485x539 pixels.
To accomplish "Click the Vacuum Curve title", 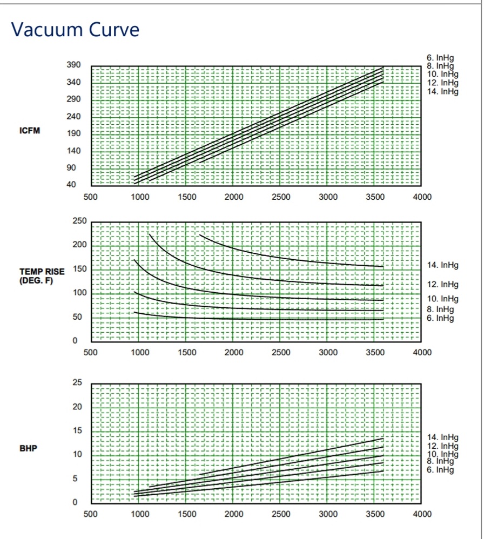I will (x=75, y=29).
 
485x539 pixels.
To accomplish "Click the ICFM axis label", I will (x=30, y=131).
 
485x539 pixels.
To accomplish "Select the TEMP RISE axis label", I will (x=42, y=272).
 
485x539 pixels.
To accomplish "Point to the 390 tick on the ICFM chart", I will (x=73, y=65).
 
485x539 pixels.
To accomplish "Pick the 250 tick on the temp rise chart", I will (x=79, y=221).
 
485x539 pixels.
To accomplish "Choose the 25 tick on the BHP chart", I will (x=77, y=382).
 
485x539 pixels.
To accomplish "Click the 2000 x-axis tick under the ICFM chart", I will (x=234, y=197).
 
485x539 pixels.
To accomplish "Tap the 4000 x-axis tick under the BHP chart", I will (x=422, y=514).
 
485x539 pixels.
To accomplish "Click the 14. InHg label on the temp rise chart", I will (x=442, y=265).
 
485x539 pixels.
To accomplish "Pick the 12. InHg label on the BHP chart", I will (x=442, y=446).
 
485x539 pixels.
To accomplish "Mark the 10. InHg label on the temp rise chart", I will (x=442, y=299).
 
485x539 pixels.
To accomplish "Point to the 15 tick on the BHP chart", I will (x=77, y=430).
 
